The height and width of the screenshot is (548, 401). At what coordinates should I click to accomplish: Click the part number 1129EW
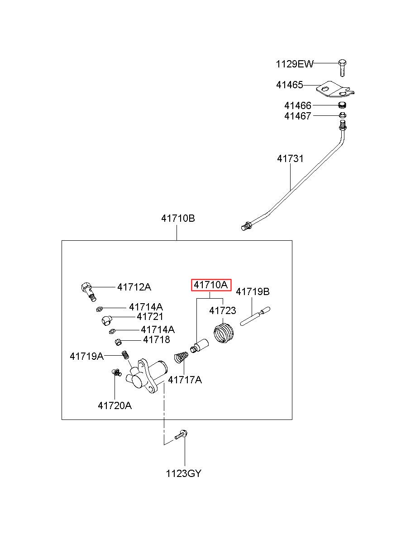tap(294, 64)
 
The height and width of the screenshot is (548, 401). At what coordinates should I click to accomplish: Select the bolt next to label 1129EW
tap(342, 68)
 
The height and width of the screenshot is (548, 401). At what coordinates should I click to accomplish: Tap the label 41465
tap(289, 85)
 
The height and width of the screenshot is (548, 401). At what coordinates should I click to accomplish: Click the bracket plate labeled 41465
tap(334, 90)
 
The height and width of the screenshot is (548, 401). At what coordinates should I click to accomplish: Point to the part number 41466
tap(297, 106)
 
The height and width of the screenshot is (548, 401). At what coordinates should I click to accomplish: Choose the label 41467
tap(297, 116)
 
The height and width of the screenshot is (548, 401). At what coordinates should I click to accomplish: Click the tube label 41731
tap(290, 159)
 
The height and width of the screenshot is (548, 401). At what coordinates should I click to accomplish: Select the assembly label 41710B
tap(178, 218)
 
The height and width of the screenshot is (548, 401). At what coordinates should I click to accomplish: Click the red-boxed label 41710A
tap(211, 285)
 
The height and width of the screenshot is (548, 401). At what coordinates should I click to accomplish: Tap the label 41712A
tap(134, 287)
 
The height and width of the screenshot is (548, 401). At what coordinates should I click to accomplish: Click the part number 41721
tap(150, 317)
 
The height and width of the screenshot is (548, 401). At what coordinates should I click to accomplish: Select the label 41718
tap(156, 339)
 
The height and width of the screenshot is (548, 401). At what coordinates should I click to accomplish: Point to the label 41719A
tap(86, 356)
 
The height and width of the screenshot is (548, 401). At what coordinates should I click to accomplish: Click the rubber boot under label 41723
tap(224, 333)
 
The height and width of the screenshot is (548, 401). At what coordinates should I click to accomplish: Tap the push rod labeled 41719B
tap(255, 317)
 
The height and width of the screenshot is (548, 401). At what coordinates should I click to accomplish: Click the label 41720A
tap(115, 405)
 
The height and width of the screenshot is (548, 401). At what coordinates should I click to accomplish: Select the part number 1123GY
tap(183, 474)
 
